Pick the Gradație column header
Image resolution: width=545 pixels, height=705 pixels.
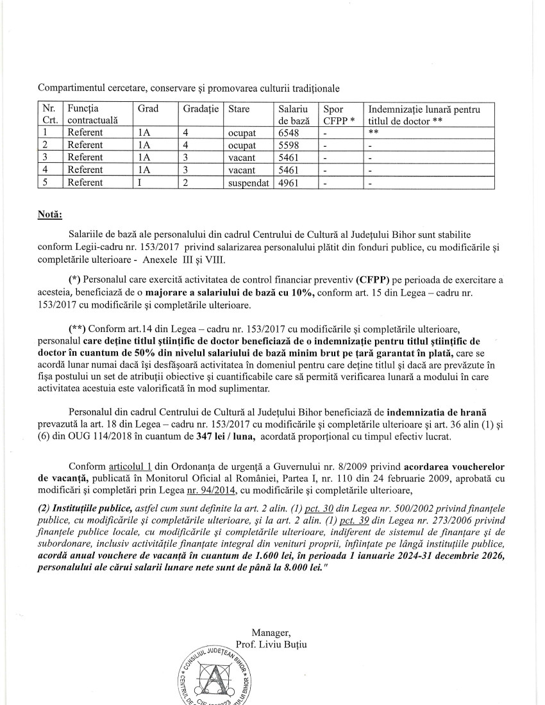pos(201,110)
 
